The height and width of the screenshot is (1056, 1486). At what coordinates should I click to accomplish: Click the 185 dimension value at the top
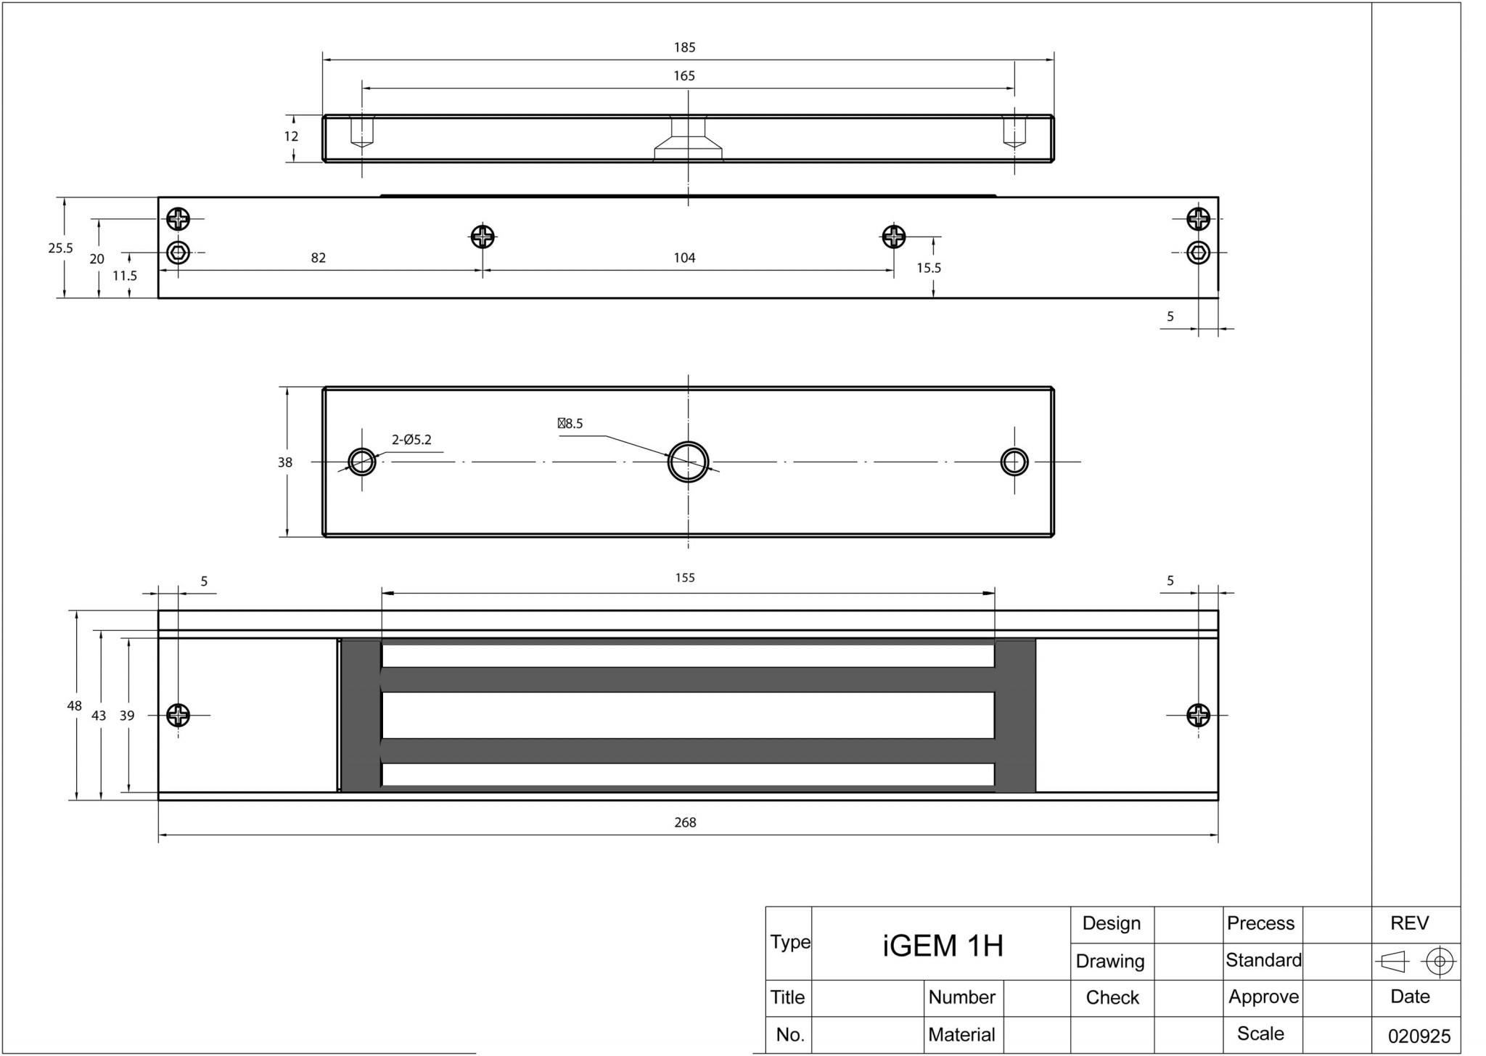tap(684, 47)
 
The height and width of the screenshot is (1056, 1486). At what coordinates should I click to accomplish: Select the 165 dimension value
tap(684, 75)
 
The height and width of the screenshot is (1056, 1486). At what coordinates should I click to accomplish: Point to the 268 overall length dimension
tap(685, 822)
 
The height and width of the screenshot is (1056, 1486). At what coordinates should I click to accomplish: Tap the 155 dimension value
tap(685, 578)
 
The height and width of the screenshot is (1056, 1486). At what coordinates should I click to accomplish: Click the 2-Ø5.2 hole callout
tap(411, 439)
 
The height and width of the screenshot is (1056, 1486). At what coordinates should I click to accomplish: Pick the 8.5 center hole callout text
tap(570, 423)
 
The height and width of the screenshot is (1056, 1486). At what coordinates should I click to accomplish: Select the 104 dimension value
tap(684, 258)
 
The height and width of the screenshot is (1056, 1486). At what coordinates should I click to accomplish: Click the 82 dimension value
tap(319, 258)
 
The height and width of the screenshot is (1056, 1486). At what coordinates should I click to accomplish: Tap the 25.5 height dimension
tap(61, 248)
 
